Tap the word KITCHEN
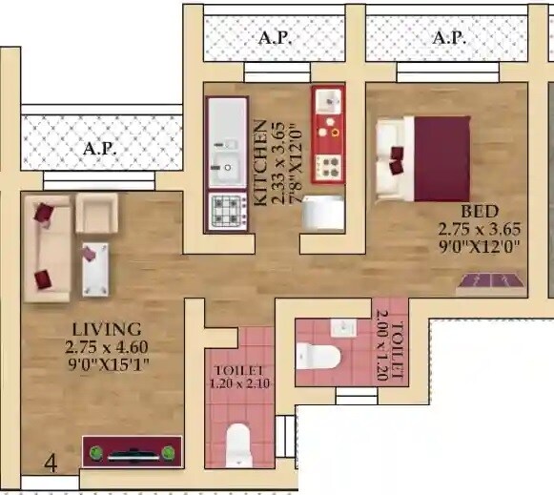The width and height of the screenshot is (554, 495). [x=259, y=163]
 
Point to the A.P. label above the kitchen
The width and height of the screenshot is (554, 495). [x=276, y=39]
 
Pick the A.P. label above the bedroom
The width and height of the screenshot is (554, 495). [x=449, y=39]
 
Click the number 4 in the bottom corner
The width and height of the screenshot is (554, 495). [x=51, y=464]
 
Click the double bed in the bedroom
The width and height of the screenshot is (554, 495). [x=423, y=158]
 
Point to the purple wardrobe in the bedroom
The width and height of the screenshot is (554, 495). [x=492, y=279]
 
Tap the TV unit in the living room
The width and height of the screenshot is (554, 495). [x=132, y=452]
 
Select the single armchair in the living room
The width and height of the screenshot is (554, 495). [x=96, y=212]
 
